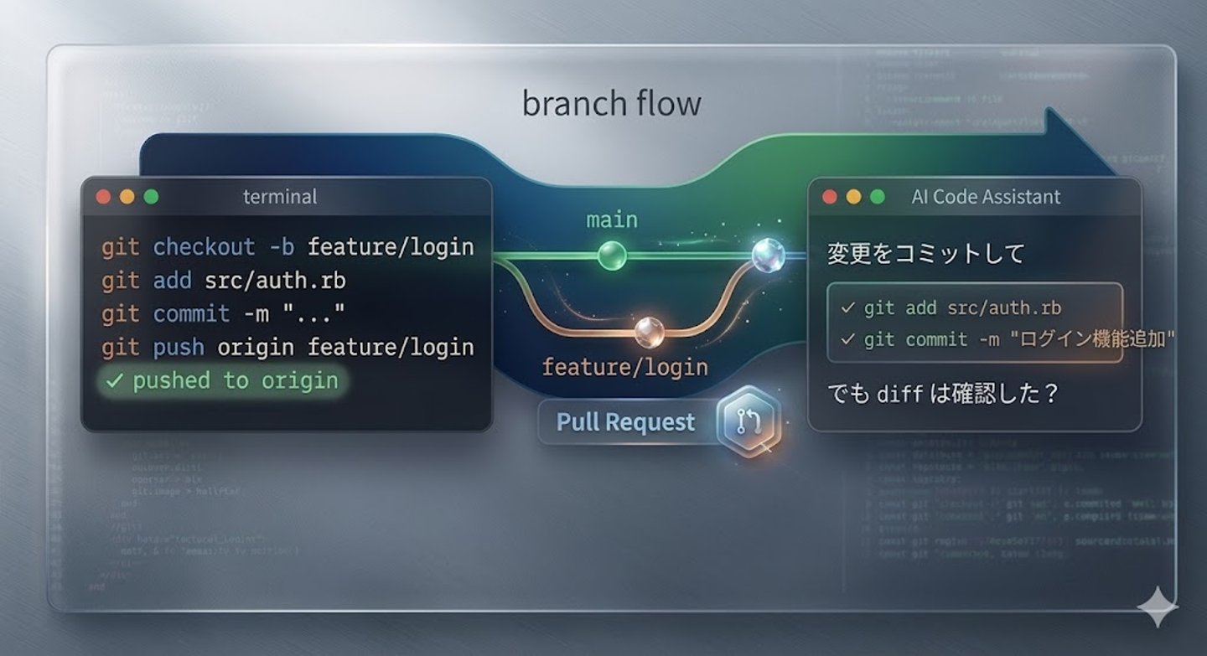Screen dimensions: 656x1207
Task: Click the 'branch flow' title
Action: (611, 104)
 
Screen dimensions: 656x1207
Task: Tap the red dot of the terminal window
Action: (103, 197)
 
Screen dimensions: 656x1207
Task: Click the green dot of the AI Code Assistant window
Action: (877, 197)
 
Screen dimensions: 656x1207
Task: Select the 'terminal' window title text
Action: (280, 197)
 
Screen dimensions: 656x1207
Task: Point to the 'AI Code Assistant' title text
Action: (986, 197)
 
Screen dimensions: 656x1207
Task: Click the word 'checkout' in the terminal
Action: (204, 247)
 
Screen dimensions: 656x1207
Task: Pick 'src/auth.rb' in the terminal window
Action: (275, 281)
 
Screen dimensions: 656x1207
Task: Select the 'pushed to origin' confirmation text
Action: (235, 381)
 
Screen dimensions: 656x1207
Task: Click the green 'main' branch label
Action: (611, 220)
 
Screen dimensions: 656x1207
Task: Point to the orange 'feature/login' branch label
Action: (624, 367)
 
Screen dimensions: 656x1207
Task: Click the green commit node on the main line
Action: (612, 256)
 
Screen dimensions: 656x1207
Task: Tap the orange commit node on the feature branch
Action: (649, 333)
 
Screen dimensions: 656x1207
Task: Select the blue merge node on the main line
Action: (767, 256)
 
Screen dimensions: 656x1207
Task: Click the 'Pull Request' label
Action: (625, 422)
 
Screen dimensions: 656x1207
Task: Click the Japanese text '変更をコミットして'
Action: (925, 254)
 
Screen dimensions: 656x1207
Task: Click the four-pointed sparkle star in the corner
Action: (1158, 606)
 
